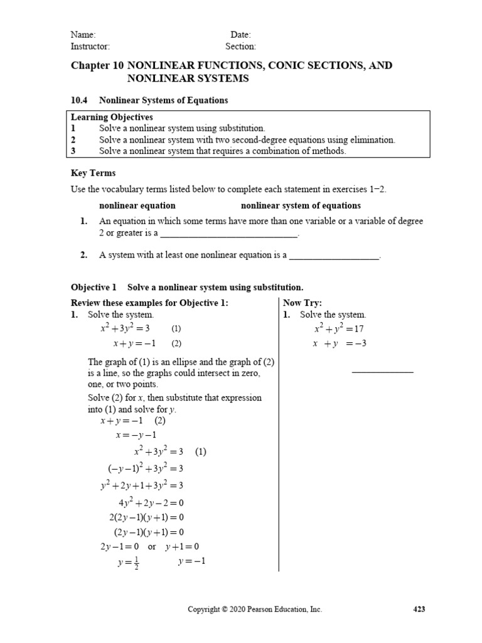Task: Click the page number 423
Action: pyautogui.click(x=419, y=609)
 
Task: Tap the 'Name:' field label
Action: pyautogui.click(x=83, y=35)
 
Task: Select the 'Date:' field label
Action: pyautogui.click(x=240, y=35)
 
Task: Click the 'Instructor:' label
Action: pyautogui.click(x=90, y=46)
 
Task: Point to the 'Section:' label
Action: pyautogui.click(x=240, y=46)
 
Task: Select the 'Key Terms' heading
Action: pyautogui.click(x=93, y=173)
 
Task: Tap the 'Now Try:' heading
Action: pyautogui.click(x=303, y=303)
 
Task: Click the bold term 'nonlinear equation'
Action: pyautogui.click(x=137, y=206)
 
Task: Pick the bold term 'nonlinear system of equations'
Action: pyautogui.click(x=301, y=206)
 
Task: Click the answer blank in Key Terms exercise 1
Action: pyautogui.click(x=229, y=236)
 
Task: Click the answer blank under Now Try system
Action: pyautogui.click(x=383, y=372)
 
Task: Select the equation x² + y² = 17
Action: pyautogui.click(x=340, y=328)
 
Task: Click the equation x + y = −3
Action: pyautogui.click(x=340, y=343)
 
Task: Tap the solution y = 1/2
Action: pyautogui.click(x=128, y=563)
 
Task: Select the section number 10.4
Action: pyautogui.click(x=78, y=100)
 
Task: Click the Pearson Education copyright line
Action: pyautogui.click(x=255, y=609)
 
